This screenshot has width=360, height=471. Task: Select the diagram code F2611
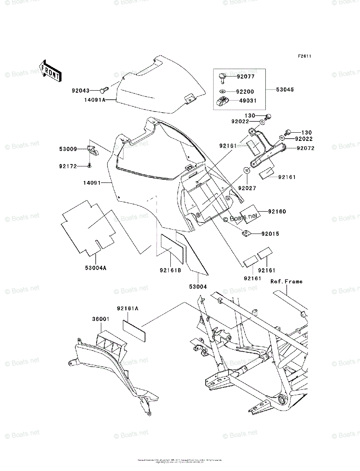click(304, 56)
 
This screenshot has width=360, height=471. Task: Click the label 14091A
click(94, 100)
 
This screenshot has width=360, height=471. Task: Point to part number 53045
click(285, 90)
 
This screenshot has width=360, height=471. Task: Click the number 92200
click(245, 92)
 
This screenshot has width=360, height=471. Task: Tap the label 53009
click(68, 149)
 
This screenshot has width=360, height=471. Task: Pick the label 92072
click(305, 148)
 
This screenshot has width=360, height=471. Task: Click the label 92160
click(277, 212)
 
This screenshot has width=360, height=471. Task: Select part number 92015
click(270, 234)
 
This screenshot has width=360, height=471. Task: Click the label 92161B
click(170, 270)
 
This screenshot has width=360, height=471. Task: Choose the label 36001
click(101, 319)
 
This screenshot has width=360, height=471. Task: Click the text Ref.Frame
click(286, 281)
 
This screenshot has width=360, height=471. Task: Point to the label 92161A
click(127, 309)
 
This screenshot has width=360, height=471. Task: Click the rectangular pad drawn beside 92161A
click(134, 330)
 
